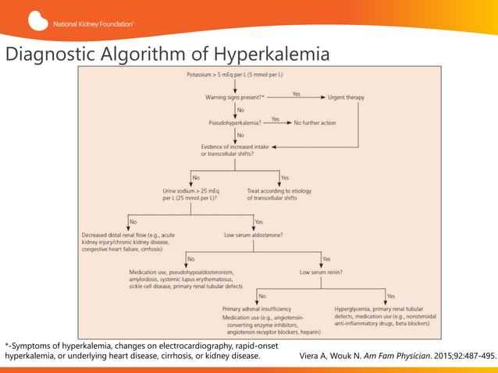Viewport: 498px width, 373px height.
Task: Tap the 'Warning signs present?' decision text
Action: [x=234, y=98]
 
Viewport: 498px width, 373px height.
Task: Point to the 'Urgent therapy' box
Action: [x=351, y=98]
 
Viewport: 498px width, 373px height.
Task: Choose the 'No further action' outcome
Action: [x=318, y=123]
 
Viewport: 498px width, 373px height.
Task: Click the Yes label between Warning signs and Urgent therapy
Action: [x=297, y=94]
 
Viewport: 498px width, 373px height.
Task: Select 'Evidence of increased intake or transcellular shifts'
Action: [x=235, y=150]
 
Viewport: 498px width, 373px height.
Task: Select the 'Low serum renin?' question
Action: [x=322, y=273]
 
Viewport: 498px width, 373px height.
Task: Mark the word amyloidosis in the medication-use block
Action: [x=148, y=280]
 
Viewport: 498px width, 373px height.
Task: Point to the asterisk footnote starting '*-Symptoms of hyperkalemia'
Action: [x=133, y=350]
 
